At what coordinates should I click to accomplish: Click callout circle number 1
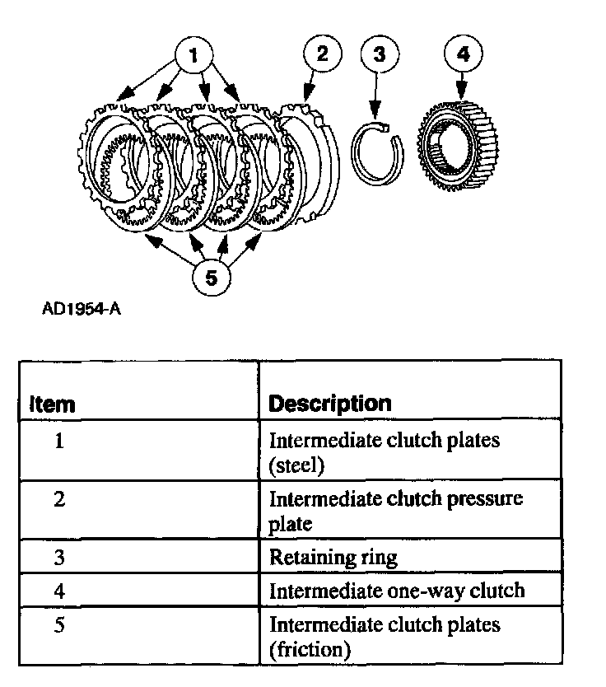click(193, 55)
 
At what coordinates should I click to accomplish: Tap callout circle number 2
click(322, 54)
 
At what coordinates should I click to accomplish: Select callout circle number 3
click(379, 54)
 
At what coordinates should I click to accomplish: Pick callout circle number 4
click(463, 54)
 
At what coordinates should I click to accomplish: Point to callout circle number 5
click(212, 278)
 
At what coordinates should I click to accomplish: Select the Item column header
click(52, 404)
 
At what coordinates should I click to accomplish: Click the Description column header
click(330, 404)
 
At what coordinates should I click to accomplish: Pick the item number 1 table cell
click(59, 441)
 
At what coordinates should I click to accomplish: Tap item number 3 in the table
click(59, 557)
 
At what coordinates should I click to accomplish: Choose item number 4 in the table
click(59, 590)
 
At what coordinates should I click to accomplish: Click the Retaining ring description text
click(333, 558)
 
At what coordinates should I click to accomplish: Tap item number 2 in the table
click(59, 499)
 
